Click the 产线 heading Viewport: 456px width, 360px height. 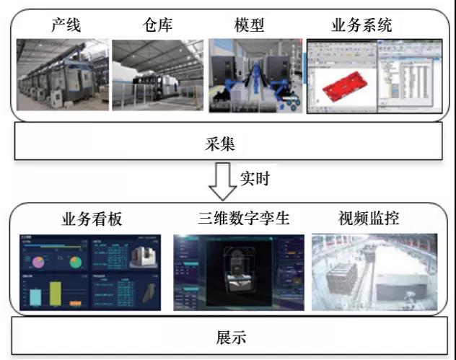click(66, 27)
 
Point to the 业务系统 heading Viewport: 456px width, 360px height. click(361, 27)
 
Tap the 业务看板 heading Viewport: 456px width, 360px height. click(81, 219)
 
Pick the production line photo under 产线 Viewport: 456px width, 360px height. click(62, 74)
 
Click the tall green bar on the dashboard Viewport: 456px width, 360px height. click(53, 294)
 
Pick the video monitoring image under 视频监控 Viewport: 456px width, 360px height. click(374, 272)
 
